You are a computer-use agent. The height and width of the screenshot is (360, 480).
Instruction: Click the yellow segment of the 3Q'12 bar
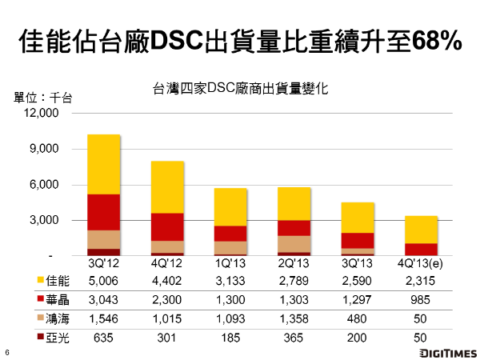coord(104,164)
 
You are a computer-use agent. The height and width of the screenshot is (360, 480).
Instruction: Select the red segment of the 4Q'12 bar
coord(168,226)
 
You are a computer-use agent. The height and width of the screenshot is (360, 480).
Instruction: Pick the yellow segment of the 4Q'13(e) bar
coord(422,230)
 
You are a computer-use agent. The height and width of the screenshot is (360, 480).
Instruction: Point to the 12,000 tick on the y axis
coord(45,114)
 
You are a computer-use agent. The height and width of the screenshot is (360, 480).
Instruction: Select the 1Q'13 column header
coord(231,262)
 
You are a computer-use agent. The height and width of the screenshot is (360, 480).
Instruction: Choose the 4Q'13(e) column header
coord(422,262)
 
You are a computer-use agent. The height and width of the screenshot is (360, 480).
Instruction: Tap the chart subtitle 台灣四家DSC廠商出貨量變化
coord(240,90)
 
